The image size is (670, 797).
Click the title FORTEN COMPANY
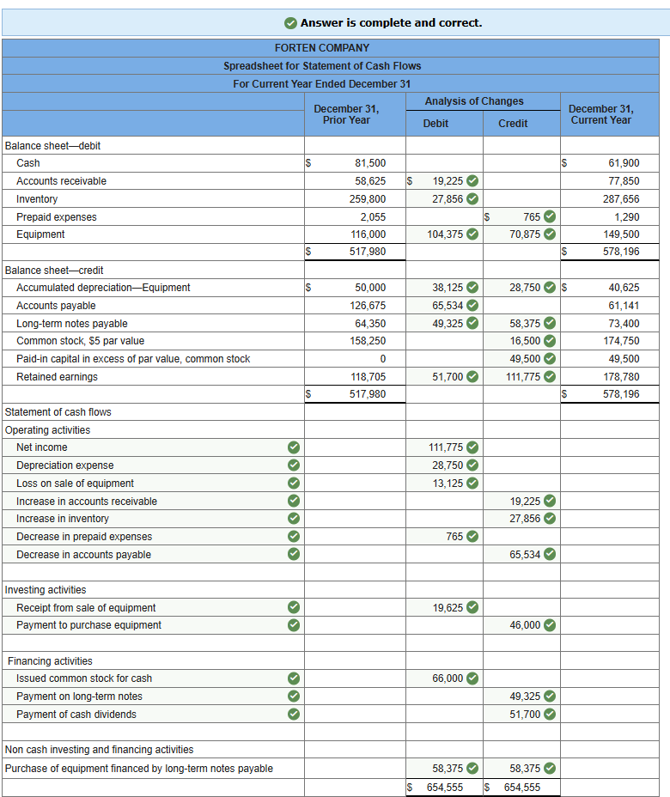322,48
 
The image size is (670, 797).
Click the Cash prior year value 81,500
370,163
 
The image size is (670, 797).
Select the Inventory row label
37,199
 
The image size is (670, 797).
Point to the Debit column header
435,124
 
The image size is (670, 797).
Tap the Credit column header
513,124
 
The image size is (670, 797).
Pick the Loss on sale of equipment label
75,484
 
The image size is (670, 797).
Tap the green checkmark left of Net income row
294,447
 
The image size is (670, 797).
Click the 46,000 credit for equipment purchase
524,625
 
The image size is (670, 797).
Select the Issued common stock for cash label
84,678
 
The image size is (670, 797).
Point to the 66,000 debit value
445,678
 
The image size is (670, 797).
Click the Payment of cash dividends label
76,715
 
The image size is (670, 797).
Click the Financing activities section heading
50,661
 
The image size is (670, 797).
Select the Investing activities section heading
46,590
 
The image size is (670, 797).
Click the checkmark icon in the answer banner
291,23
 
